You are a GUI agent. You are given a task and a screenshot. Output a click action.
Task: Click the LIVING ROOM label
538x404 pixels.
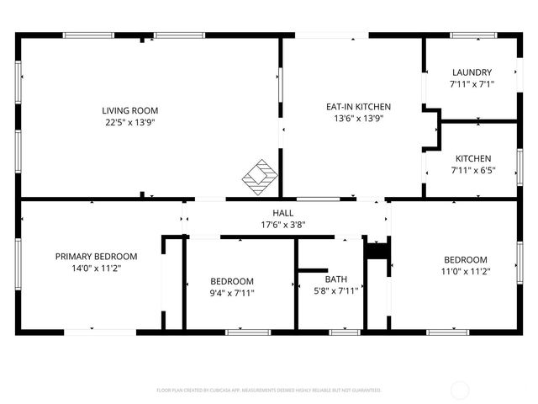click(129, 110)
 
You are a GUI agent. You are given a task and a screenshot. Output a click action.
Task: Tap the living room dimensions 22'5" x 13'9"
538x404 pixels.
click(129, 122)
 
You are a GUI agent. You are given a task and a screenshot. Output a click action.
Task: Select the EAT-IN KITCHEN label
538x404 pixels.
click(358, 107)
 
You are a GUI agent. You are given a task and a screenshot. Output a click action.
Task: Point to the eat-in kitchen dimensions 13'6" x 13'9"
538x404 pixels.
click(358, 119)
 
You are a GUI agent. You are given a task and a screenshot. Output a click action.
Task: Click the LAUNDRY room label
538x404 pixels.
click(472, 72)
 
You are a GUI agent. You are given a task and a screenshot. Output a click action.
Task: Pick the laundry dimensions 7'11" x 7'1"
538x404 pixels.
click(472, 84)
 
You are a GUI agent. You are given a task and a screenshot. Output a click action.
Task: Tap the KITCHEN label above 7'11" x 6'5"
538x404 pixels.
click(473, 158)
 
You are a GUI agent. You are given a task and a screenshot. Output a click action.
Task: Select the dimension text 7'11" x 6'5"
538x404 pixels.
click(473, 170)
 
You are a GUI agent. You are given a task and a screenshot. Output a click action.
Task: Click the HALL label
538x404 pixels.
click(282, 213)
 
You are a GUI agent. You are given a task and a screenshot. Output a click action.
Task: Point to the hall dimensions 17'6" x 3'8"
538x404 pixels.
click(282, 225)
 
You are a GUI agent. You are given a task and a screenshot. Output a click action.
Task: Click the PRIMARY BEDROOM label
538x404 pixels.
click(96, 256)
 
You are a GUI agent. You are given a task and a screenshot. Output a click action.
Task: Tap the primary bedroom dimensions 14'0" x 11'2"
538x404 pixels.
click(96, 268)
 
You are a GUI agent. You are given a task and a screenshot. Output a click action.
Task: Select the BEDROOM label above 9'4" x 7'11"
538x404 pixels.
click(231, 281)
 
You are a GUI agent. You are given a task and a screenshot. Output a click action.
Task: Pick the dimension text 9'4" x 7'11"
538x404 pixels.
click(231, 293)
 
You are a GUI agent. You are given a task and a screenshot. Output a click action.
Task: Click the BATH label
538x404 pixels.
click(337, 279)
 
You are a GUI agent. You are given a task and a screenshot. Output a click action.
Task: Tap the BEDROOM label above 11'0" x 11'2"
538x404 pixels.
click(466, 259)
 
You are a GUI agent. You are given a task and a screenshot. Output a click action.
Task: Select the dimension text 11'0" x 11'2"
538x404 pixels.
click(466, 271)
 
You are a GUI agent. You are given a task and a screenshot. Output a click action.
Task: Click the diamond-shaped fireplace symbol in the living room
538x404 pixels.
click(260, 174)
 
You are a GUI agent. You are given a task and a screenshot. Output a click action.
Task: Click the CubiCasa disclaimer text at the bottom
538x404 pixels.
click(269, 391)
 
